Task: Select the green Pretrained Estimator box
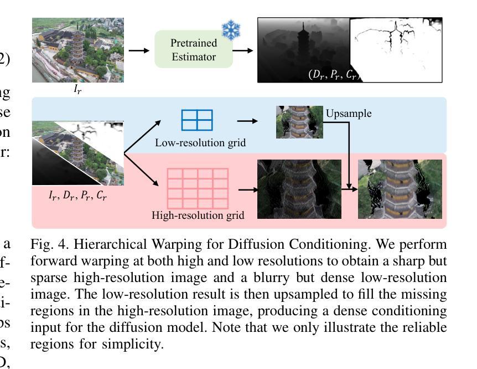click(x=194, y=50)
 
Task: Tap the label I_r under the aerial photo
click(x=77, y=89)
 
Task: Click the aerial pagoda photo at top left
click(x=77, y=50)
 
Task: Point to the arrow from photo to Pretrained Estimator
click(x=139, y=50)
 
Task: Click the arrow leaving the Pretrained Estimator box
click(x=243, y=50)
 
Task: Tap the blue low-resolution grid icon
click(x=197, y=120)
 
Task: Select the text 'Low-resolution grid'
click(x=200, y=143)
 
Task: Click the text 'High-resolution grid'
click(x=198, y=214)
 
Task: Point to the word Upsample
click(x=349, y=114)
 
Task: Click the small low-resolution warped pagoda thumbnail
click(x=299, y=122)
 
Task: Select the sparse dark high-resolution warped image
click(x=299, y=189)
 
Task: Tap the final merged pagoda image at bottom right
click(x=400, y=189)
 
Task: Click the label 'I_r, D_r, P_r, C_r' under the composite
click(x=77, y=194)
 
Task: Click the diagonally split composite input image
click(x=77, y=152)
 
